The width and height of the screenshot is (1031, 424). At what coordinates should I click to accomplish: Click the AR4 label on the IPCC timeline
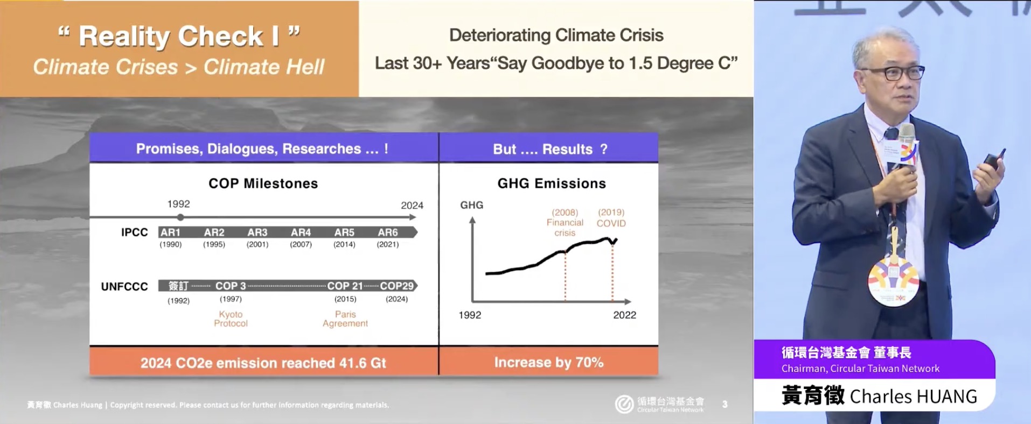point(301,232)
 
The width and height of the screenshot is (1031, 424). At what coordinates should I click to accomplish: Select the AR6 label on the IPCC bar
point(388,232)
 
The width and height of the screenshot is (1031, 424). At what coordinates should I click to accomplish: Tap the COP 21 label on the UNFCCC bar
point(345,286)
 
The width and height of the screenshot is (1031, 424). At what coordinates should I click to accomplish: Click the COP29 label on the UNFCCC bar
point(397,286)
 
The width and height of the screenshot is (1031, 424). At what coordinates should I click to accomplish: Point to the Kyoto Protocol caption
point(231,319)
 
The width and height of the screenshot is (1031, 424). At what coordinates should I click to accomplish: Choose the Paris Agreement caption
point(345,319)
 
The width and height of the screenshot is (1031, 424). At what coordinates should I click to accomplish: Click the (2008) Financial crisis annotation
point(565,222)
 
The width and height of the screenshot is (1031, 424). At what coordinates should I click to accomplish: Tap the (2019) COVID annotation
point(611,218)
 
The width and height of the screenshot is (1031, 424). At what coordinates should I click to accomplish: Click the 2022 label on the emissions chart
point(624,315)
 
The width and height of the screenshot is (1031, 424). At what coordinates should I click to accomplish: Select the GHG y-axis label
point(471,205)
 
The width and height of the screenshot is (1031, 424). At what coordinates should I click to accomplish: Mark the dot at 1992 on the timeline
point(180,217)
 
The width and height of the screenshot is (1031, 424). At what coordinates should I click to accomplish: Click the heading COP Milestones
point(263,183)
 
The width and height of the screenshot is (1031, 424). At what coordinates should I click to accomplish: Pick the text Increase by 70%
point(548,362)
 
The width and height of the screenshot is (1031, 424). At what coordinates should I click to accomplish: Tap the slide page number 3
point(725,404)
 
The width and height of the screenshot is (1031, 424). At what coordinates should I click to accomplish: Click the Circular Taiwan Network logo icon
point(624,404)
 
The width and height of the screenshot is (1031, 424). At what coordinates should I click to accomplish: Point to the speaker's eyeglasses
point(895,73)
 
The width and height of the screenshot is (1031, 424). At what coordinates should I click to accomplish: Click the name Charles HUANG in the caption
point(913,397)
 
